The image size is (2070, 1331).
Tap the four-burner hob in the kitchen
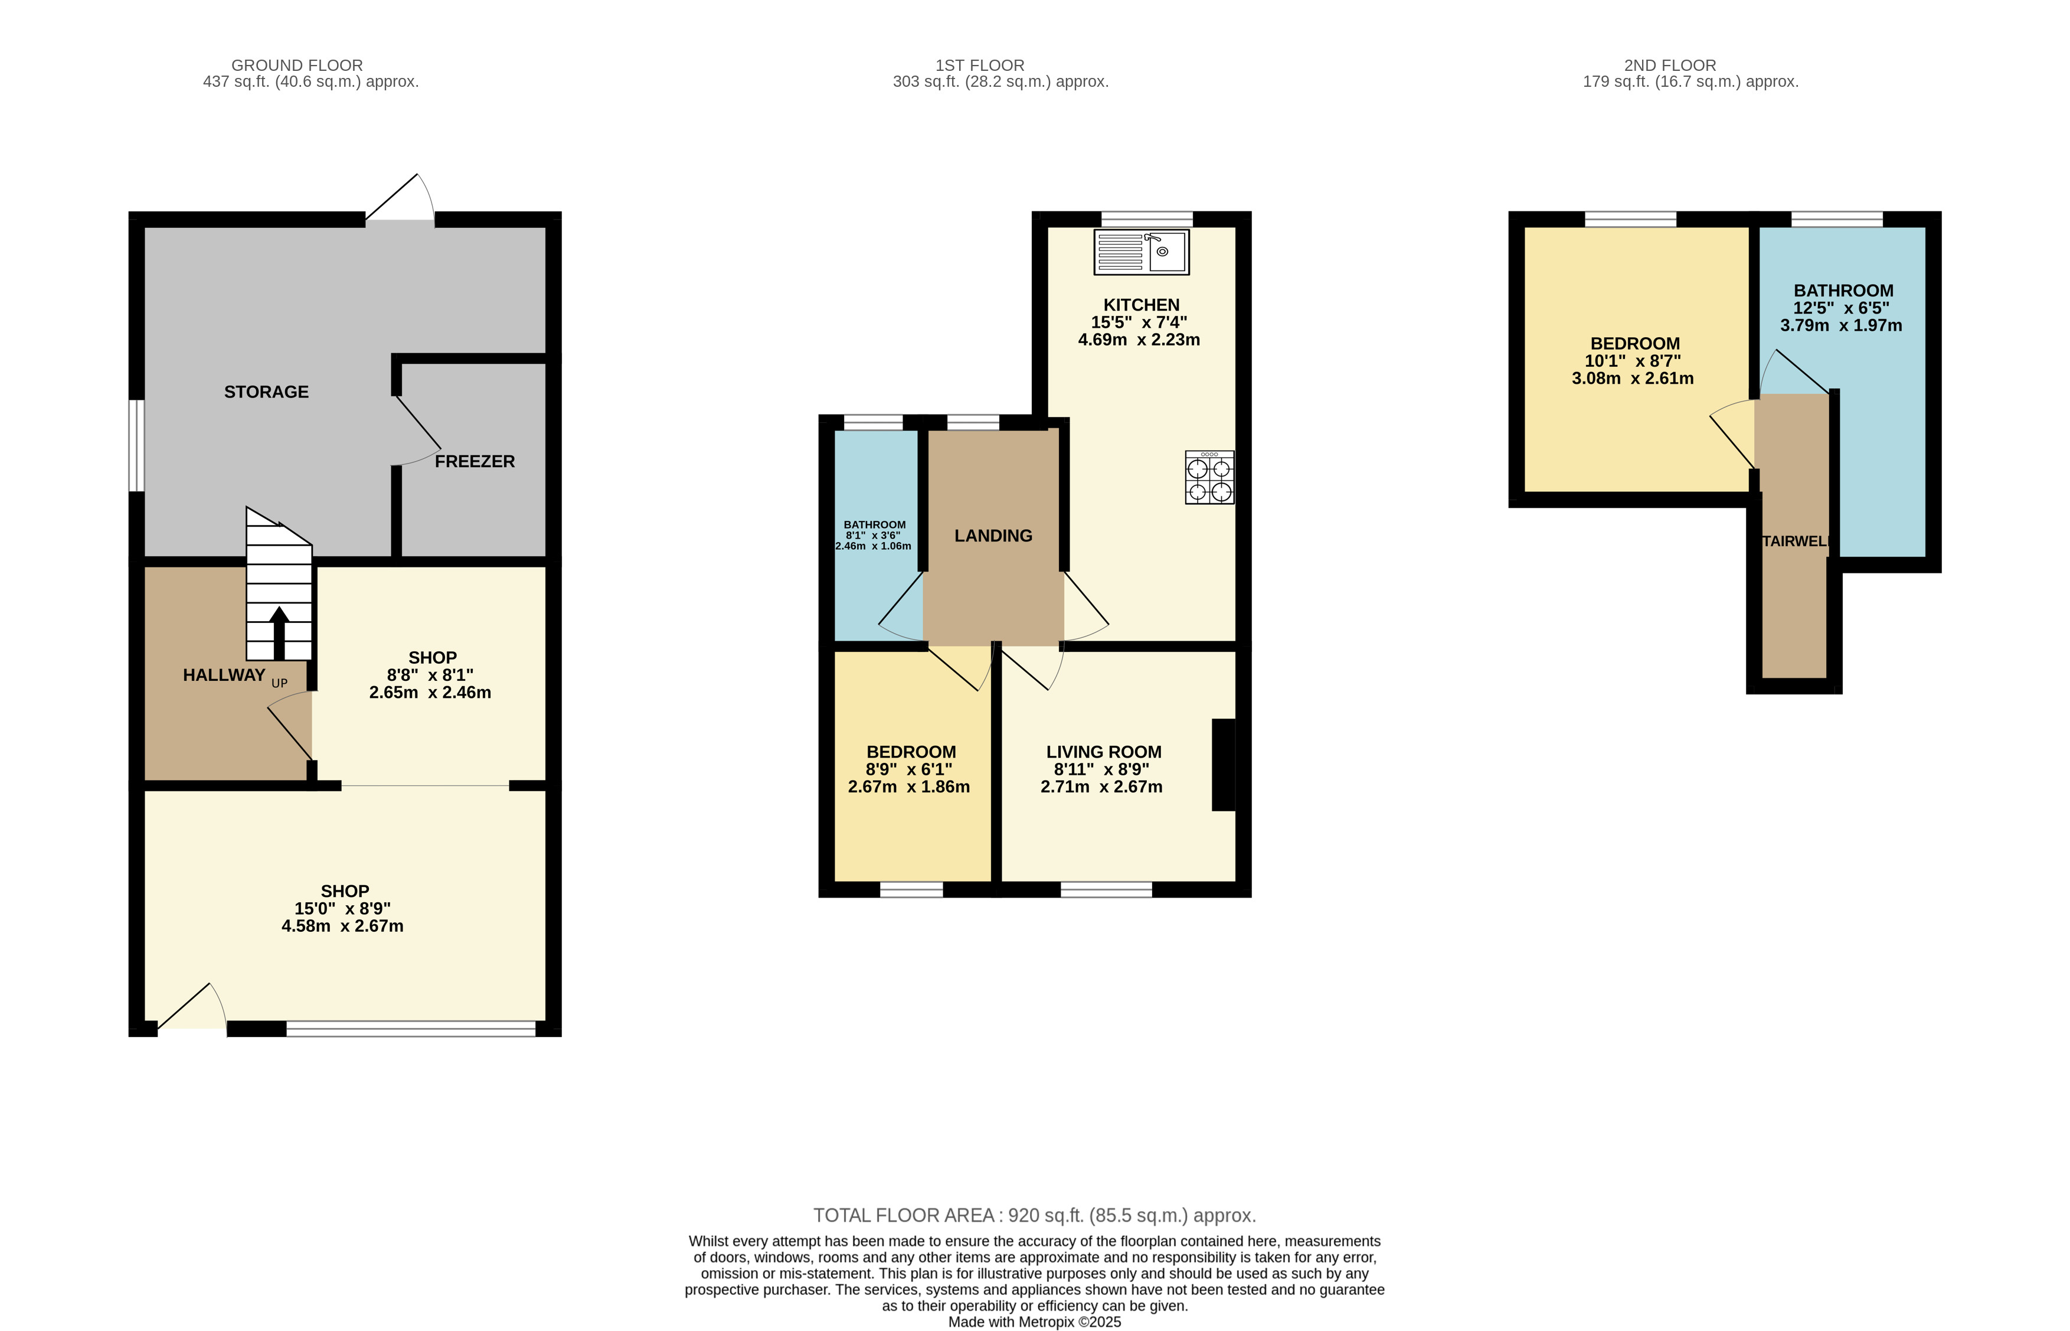point(1209,477)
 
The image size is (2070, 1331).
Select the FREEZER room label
point(475,462)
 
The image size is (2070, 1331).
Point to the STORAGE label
point(266,392)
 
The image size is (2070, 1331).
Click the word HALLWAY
point(224,675)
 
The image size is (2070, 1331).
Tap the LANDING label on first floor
point(993,536)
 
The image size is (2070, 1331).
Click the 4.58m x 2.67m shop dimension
point(342,926)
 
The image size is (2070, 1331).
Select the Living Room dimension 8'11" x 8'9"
point(1101,769)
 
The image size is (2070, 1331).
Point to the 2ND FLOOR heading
point(1669,65)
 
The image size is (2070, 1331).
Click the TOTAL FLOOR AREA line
point(1034,1215)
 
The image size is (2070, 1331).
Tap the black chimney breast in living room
point(1224,765)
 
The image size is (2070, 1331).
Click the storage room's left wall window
point(136,445)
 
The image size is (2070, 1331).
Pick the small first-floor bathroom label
point(874,524)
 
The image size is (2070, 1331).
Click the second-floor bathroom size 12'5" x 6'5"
point(1840,308)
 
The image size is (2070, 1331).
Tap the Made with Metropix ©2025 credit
point(1034,1322)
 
